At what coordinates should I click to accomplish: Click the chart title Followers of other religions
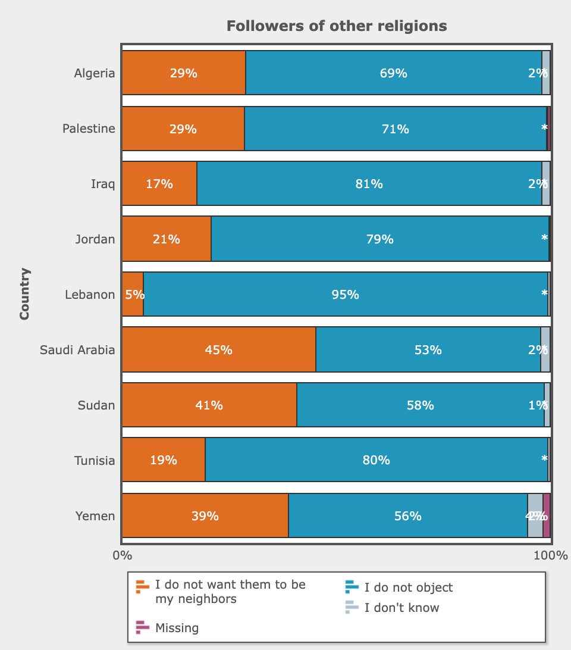(337, 26)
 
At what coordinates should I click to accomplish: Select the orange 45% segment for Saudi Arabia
(218, 350)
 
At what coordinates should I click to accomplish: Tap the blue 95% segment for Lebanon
(345, 295)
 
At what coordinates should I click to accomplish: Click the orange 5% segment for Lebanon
(133, 295)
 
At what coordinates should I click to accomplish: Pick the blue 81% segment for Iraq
(369, 184)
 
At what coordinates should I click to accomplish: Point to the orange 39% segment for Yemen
(205, 516)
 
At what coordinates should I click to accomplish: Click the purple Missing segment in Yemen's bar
(546, 516)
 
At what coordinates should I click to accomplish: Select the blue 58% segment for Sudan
(420, 405)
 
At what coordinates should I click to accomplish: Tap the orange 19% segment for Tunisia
(164, 460)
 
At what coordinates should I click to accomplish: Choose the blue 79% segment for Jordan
(379, 239)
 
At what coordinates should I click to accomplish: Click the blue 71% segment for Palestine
(395, 129)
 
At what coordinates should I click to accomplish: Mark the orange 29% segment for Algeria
(183, 73)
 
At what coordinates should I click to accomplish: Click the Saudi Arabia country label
(77, 350)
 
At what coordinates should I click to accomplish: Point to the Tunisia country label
(95, 460)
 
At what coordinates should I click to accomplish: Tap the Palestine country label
(89, 129)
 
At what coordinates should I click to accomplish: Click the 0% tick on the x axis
(123, 556)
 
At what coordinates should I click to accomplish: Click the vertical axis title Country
(24, 294)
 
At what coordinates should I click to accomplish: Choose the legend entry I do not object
(408, 587)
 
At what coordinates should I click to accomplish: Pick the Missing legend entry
(177, 628)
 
